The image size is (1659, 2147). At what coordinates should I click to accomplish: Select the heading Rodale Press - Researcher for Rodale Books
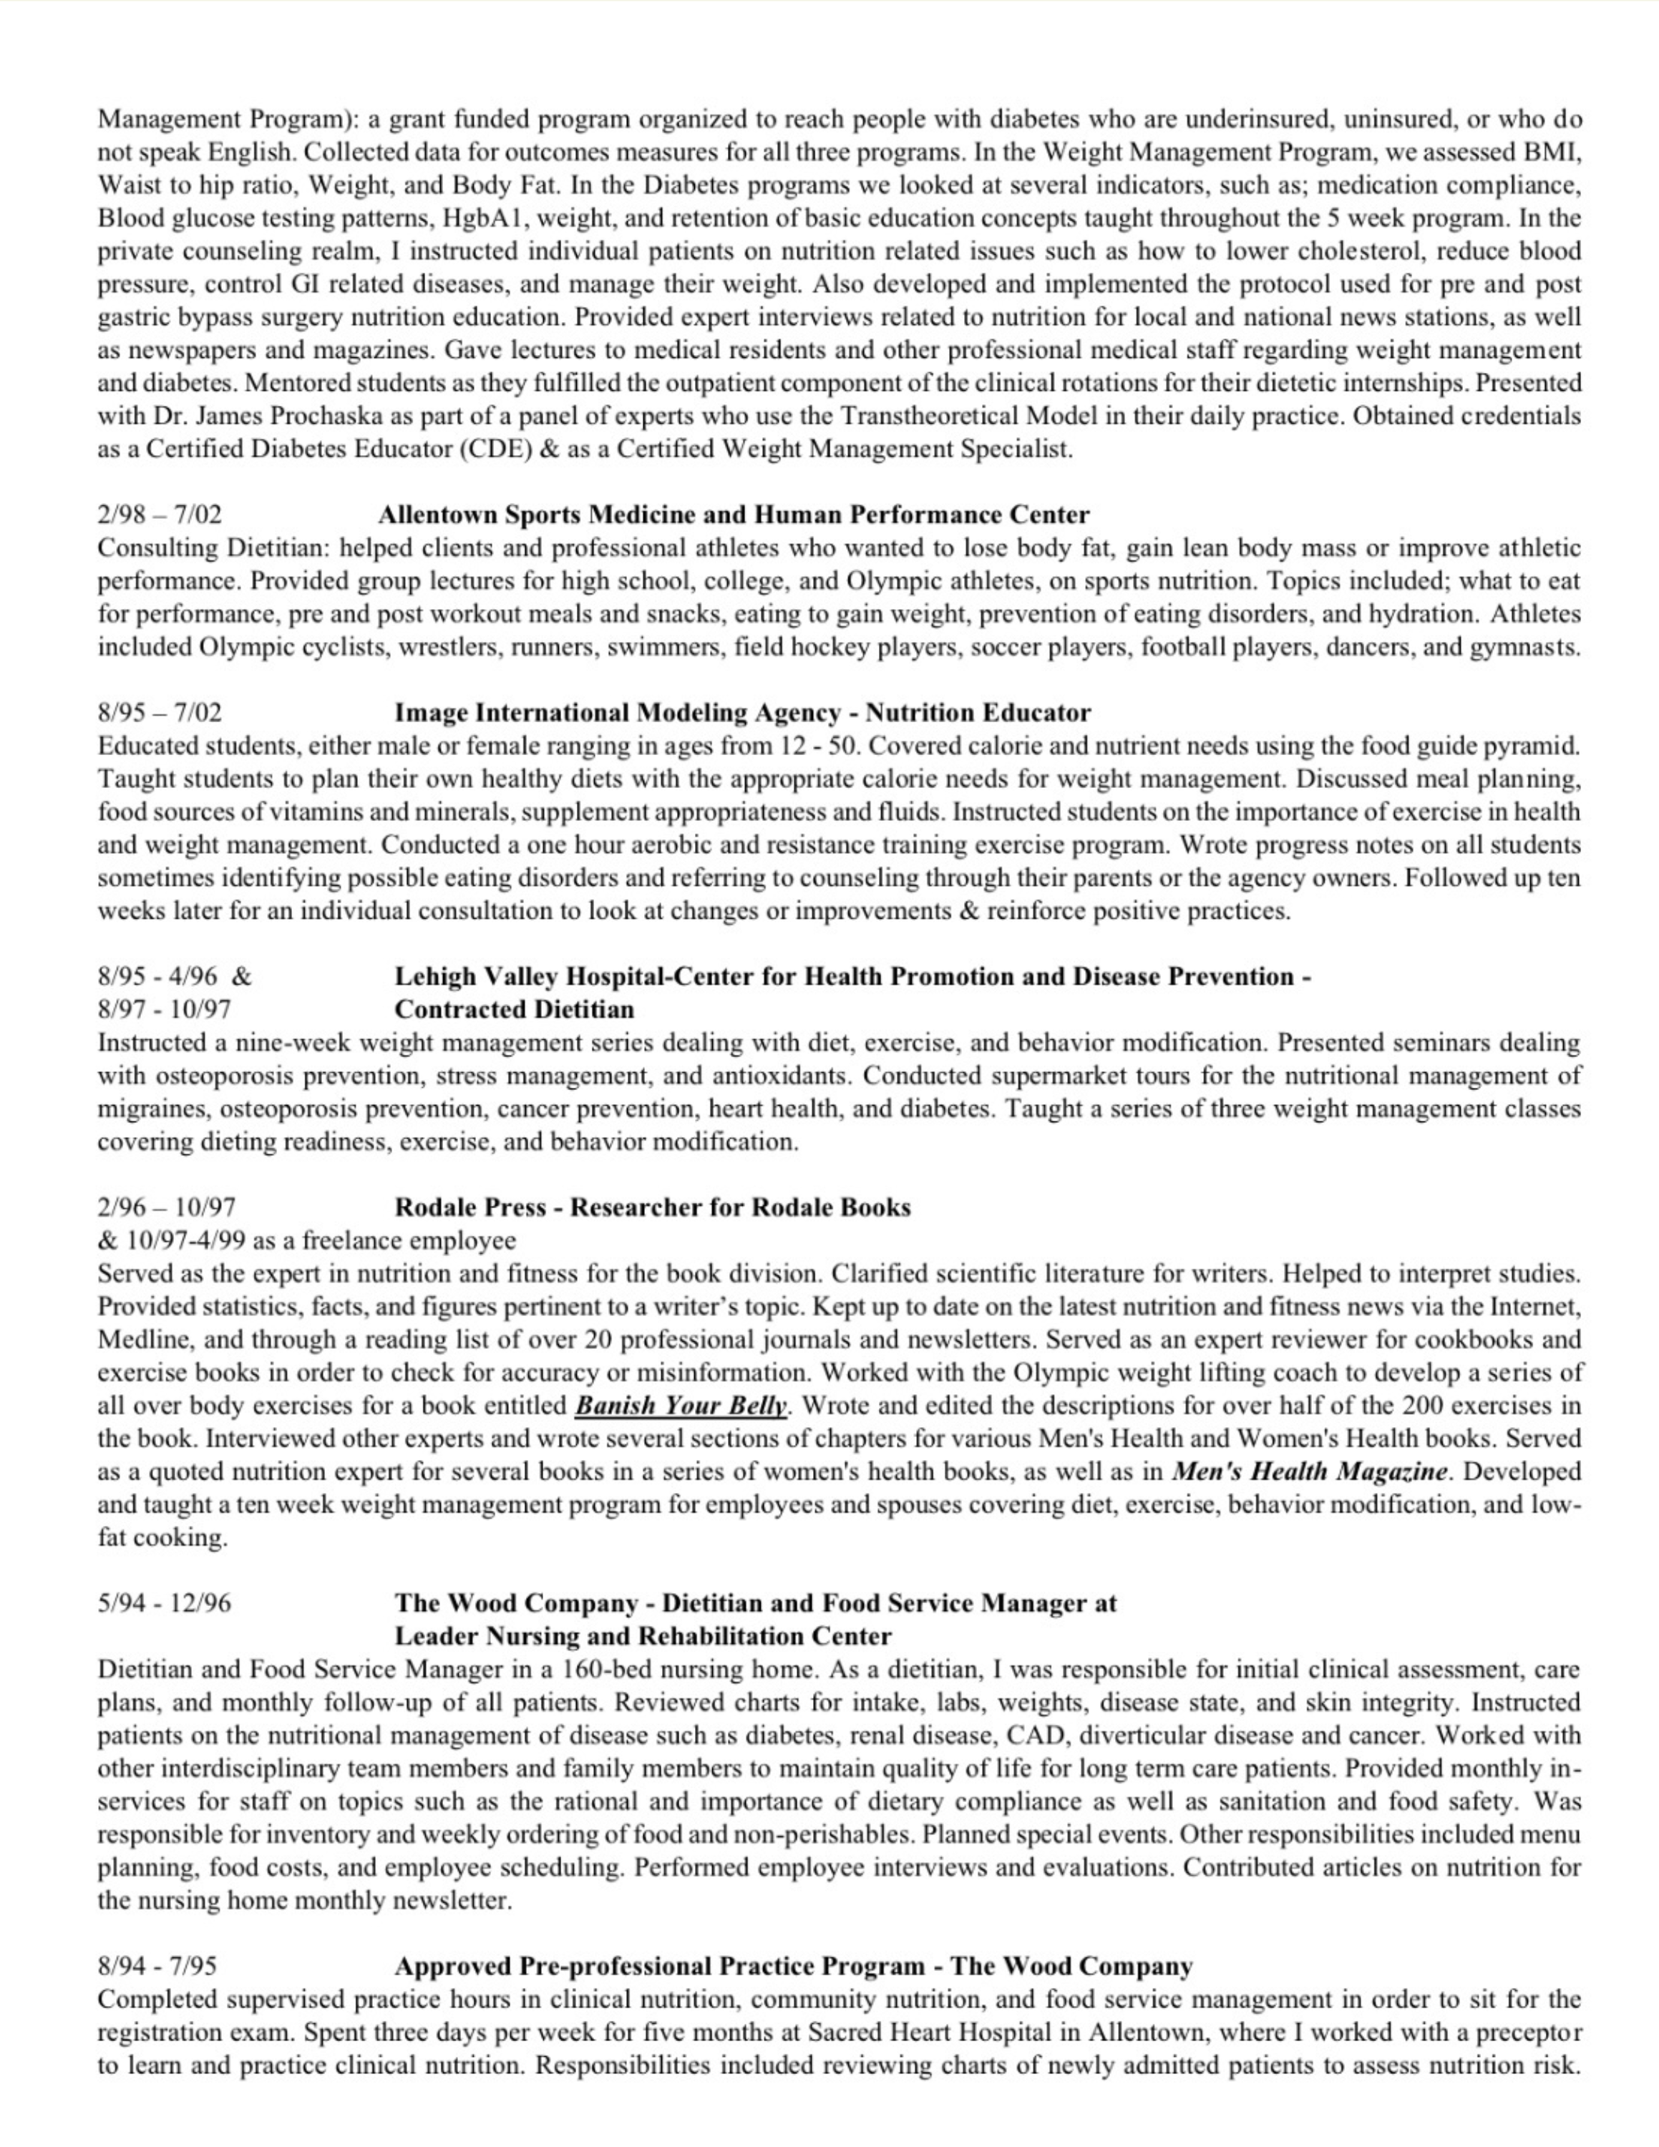(653, 1207)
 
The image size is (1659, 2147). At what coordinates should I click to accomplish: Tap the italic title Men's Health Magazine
(1309, 1471)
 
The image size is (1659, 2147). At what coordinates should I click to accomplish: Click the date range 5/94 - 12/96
(164, 1603)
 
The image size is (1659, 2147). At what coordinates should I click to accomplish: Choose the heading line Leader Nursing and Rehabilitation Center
(643, 1636)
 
